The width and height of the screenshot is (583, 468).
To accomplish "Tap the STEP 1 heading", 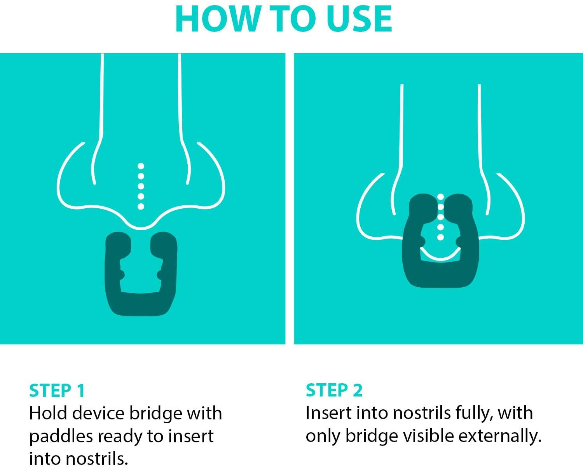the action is coord(57,391).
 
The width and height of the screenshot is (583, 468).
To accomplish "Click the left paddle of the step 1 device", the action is coord(118,245).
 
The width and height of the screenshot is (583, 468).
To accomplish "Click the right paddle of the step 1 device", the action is coord(163,245).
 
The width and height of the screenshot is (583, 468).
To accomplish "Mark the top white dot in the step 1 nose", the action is coord(141,166).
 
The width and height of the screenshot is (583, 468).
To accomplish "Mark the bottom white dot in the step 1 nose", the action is coord(141,206).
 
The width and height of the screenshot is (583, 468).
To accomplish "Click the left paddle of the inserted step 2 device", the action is coord(423,206).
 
